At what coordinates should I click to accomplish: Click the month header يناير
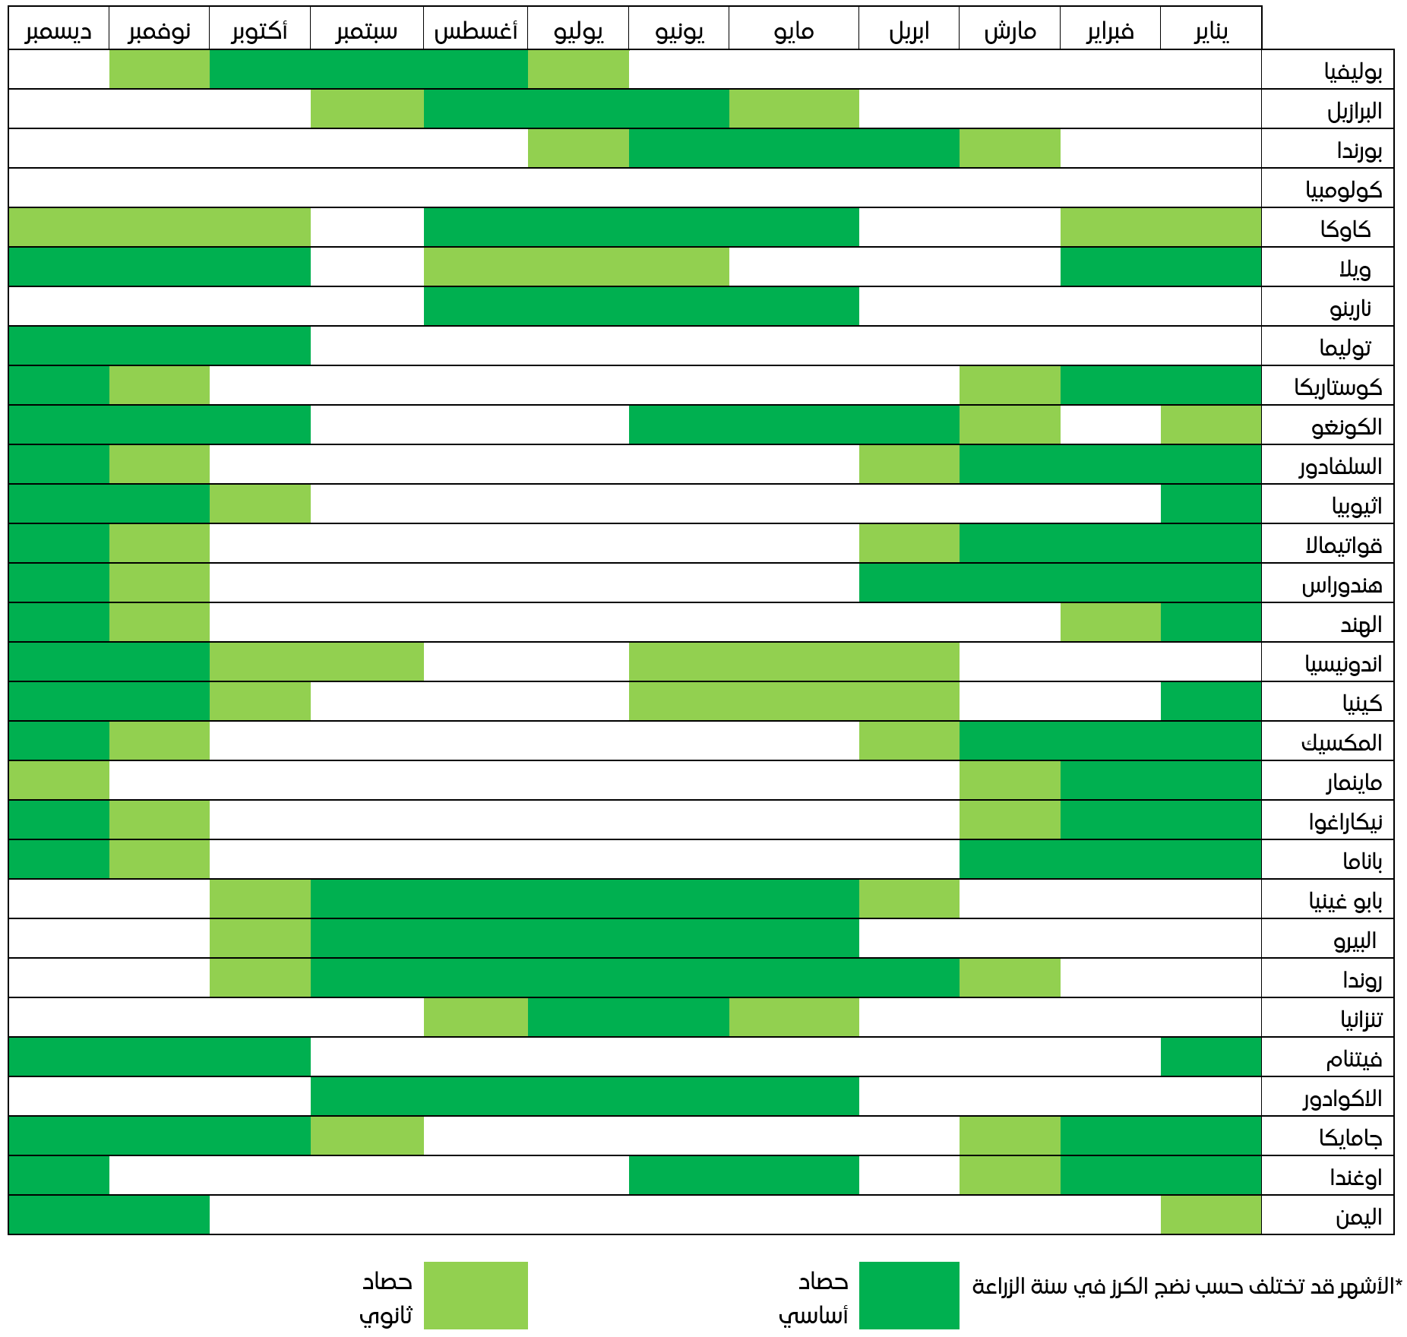(1211, 30)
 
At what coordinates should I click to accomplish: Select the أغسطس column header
(476, 30)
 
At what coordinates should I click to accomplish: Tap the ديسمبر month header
(58, 30)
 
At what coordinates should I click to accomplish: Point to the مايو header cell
(794, 30)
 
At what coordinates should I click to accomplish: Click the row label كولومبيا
(1343, 189)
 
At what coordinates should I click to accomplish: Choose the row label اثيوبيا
(1357, 505)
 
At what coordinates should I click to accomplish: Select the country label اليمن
(1358, 1216)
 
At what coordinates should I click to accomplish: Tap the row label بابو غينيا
(1345, 900)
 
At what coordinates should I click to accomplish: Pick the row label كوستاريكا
(1338, 387)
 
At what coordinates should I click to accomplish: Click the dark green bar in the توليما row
(160, 346)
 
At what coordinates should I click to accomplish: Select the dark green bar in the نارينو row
(641, 307)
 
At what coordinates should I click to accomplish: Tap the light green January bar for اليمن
(1211, 1215)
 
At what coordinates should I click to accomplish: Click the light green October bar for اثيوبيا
(260, 504)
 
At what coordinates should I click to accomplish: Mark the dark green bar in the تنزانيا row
(628, 1018)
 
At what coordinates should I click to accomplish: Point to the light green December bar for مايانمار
(58, 781)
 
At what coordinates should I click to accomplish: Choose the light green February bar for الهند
(1110, 623)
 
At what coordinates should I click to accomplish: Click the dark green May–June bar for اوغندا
(744, 1176)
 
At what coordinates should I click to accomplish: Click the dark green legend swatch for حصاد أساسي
(909, 1295)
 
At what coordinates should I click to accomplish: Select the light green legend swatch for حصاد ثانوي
(476, 1295)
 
